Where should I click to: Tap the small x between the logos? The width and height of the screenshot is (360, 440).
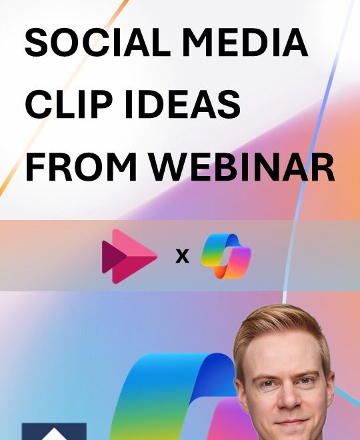(x=181, y=255)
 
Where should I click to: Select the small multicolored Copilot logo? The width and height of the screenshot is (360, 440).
(x=226, y=256)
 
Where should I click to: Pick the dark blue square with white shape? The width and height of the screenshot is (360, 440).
(x=54, y=431)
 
